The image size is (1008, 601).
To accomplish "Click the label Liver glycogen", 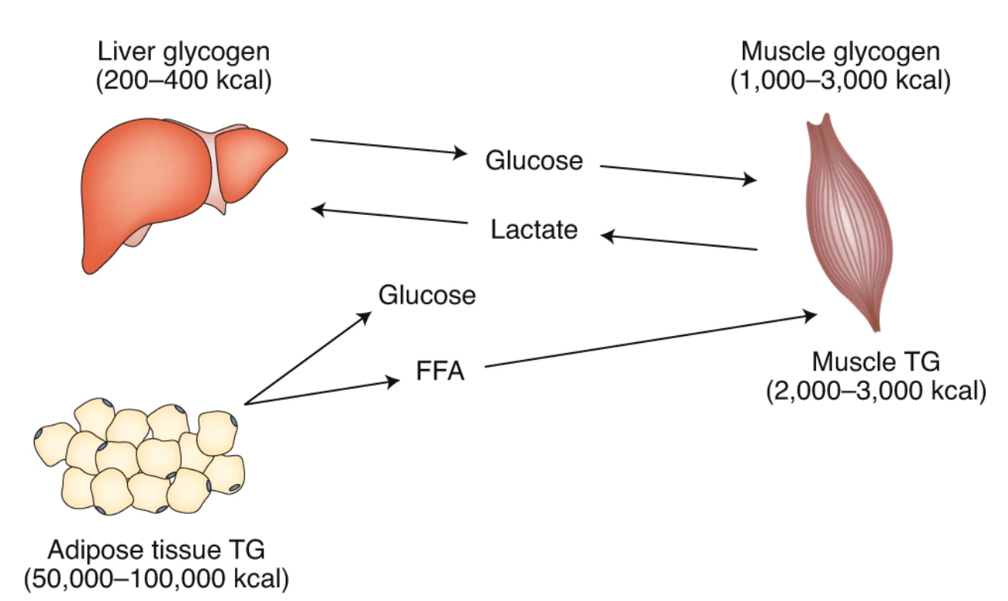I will click(x=183, y=53).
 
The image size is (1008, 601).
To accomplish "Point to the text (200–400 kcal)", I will click(x=183, y=81).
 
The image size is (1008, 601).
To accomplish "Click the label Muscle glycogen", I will click(x=840, y=52).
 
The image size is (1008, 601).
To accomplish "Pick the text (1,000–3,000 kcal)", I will click(x=840, y=80).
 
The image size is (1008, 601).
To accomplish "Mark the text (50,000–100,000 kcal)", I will click(x=156, y=578).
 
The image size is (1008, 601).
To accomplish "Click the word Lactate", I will click(x=534, y=230).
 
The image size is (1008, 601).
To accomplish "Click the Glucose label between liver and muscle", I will click(x=534, y=161).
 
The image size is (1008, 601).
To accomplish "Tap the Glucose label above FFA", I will click(x=426, y=295).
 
